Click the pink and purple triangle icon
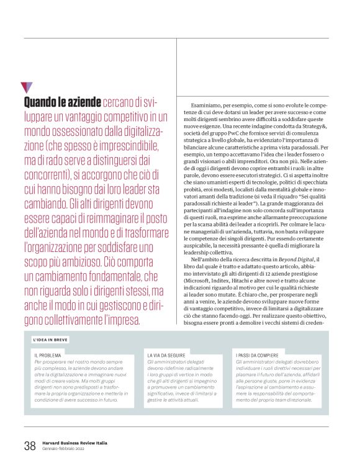click(x=26, y=87)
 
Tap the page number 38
click(x=29, y=446)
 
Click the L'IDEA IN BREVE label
click(x=51, y=340)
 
